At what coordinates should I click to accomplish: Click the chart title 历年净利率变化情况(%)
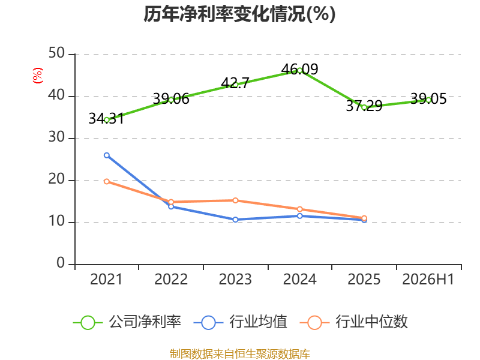point(239,14)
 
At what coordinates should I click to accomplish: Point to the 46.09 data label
point(299,69)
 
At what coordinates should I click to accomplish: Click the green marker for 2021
point(107,121)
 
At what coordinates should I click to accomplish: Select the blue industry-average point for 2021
point(107,155)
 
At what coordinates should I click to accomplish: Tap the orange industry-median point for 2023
point(235,200)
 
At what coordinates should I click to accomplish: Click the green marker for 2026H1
point(428,100)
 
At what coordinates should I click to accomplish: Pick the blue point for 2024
point(299,216)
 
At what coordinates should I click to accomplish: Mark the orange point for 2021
point(107,182)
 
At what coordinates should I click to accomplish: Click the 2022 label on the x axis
point(171,280)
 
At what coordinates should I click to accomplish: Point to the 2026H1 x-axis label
point(428,280)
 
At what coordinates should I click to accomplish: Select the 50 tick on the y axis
point(56,53)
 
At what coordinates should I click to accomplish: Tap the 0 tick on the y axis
point(61,263)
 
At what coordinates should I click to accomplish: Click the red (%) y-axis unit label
point(38,76)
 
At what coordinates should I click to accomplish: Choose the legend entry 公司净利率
point(127,322)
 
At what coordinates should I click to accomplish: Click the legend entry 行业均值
point(241,322)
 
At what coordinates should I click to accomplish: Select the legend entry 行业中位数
point(354,322)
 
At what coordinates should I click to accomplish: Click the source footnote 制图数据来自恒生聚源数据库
point(240,354)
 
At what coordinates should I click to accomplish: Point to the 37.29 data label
point(364,106)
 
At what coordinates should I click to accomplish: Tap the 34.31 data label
point(107,119)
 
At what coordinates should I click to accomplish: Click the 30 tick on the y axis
point(56,137)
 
